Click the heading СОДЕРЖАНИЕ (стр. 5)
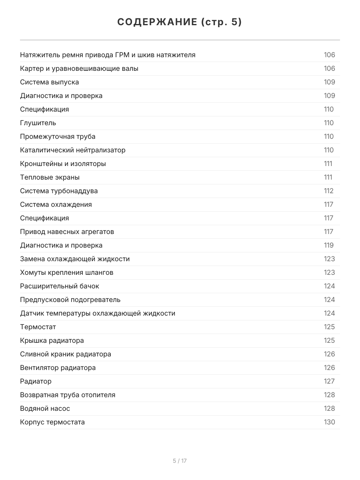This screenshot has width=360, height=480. click(180, 22)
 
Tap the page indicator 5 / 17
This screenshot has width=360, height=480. click(180, 461)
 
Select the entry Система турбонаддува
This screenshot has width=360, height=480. click(59, 191)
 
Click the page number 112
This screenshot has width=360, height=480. click(328, 191)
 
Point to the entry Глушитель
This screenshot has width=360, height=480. click(38, 123)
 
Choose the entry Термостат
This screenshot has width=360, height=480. click(38, 327)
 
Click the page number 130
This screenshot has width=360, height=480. click(329, 422)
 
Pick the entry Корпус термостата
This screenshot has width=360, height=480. click(52, 422)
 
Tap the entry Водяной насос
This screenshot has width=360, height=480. click(45, 408)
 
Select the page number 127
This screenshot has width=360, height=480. click(329, 381)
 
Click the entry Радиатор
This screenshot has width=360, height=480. click(36, 381)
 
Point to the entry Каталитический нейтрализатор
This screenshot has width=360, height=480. click(72, 150)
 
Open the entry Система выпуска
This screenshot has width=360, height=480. click(49, 82)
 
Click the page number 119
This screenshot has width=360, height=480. click(328, 245)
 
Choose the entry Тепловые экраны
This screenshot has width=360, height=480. click(50, 177)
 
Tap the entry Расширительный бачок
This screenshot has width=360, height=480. click(59, 286)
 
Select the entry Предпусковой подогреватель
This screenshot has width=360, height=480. click(70, 300)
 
